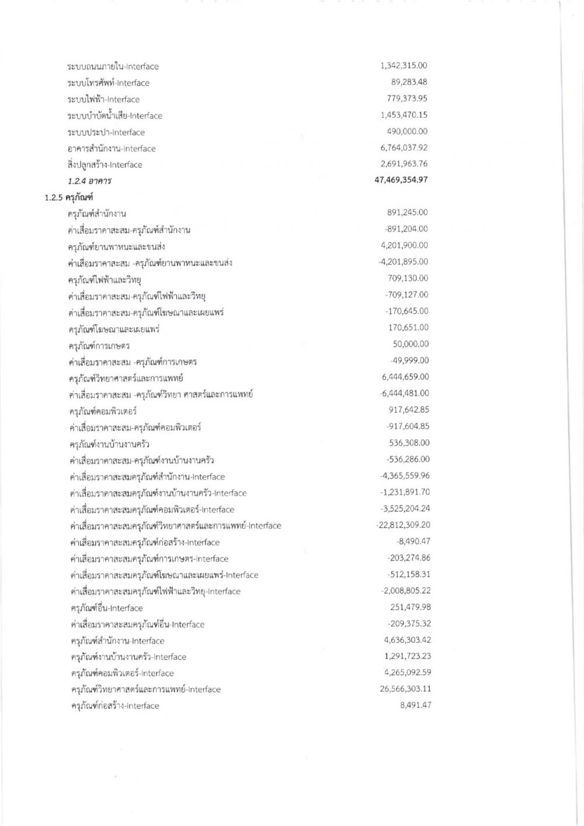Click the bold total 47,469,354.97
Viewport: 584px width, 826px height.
coord(401,180)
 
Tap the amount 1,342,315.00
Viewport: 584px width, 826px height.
coord(404,66)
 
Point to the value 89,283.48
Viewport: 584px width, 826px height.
coord(409,82)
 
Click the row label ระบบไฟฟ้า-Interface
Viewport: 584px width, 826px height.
coord(103,99)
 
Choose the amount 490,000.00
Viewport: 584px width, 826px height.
coord(407,131)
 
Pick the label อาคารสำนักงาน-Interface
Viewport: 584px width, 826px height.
coord(112,149)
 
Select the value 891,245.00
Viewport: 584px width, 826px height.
coord(407,213)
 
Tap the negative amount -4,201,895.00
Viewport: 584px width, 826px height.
coord(402,262)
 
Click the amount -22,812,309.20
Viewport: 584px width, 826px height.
coord(403,525)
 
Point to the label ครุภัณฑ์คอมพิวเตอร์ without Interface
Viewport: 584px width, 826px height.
coord(103,411)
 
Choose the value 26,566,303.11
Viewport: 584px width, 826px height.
coord(405,689)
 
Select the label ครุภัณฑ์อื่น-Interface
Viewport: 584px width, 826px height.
coord(106,608)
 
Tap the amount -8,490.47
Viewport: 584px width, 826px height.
coord(413,541)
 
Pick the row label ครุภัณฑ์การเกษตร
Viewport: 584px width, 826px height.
coord(98,345)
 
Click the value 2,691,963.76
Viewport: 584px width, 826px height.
coord(404,164)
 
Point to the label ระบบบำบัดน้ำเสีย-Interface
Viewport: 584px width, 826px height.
coord(114,116)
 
